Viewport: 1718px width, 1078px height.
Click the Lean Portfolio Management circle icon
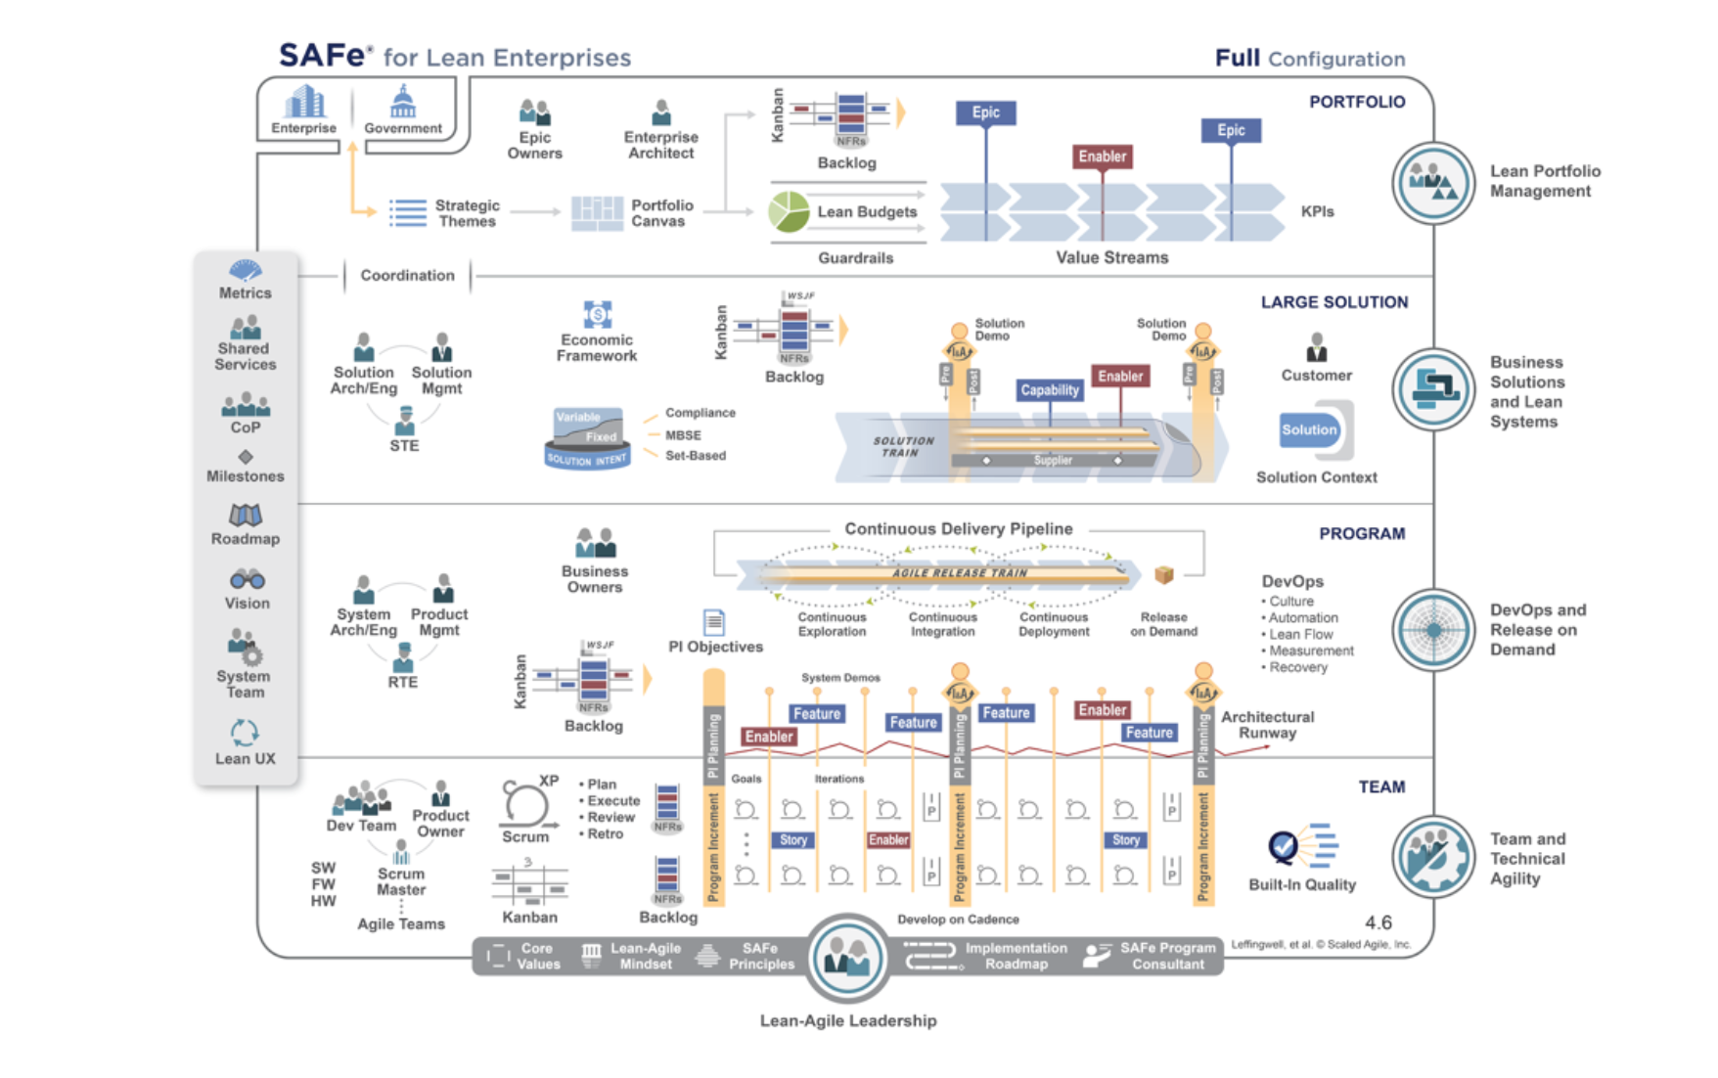[1433, 183]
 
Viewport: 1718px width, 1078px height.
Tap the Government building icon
[403, 102]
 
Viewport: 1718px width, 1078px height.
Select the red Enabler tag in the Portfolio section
[1103, 157]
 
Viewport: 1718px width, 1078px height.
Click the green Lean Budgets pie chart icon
[789, 212]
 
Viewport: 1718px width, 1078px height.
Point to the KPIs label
[1317, 211]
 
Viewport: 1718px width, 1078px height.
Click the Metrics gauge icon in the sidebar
[246, 270]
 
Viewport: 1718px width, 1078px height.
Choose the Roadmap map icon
[246, 515]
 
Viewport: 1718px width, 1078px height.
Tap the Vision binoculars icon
[247, 579]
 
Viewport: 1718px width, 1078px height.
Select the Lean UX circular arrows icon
[245, 733]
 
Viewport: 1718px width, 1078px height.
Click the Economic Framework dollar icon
[597, 314]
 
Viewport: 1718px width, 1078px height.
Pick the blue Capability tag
[1050, 390]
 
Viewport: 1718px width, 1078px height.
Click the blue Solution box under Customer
[1309, 429]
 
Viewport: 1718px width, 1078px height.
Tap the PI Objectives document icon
[714, 622]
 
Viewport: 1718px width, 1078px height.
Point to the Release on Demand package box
[1163, 575]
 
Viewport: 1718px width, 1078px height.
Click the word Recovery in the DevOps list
[1298, 667]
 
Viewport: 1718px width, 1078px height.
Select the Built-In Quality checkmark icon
[1284, 845]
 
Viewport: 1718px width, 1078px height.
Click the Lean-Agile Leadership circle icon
[847, 959]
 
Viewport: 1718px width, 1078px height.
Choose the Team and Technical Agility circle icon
[1433, 857]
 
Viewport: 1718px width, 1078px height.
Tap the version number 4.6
[1378, 922]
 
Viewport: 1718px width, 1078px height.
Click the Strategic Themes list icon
[408, 212]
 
